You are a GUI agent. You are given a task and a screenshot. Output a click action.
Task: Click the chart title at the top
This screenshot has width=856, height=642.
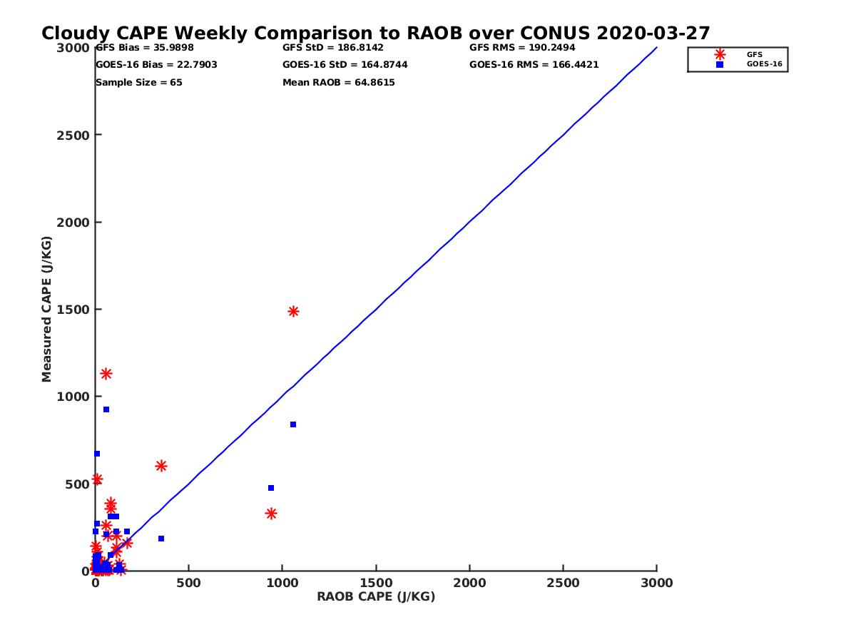[x=375, y=33]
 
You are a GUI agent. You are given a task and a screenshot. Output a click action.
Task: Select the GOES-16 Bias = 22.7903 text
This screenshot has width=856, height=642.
[x=156, y=65]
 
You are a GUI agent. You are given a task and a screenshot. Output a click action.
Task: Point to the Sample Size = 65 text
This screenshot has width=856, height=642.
[x=139, y=83]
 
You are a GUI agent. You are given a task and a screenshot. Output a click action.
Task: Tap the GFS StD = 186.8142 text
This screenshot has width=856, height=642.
[x=333, y=48]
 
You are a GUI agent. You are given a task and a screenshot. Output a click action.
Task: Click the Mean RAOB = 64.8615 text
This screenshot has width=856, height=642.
[x=339, y=83]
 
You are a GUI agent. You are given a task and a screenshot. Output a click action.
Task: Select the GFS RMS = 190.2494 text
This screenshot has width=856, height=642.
[x=522, y=48]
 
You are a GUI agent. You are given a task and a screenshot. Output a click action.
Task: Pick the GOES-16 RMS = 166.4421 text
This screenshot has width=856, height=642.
[x=534, y=65]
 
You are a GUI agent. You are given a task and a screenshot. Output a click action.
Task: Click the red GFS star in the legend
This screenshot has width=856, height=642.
[x=720, y=54]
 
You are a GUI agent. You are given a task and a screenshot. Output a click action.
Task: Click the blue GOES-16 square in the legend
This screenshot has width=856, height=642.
[x=720, y=64]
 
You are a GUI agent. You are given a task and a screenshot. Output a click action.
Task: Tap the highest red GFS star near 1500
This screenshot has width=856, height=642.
[x=293, y=311]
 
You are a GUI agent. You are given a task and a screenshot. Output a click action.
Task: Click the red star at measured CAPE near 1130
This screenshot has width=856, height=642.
[x=106, y=374]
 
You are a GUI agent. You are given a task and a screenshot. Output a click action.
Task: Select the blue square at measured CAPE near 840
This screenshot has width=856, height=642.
[x=293, y=424]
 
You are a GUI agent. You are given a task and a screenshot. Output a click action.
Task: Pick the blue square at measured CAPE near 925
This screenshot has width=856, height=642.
[x=106, y=409]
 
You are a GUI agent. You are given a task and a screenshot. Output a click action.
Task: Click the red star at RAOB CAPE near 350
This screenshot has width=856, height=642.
[x=161, y=466]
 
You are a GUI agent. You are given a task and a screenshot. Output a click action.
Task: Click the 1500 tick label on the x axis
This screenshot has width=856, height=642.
[x=376, y=583]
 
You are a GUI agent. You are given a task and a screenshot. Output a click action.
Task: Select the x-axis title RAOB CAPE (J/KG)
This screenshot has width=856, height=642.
[x=376, y=597]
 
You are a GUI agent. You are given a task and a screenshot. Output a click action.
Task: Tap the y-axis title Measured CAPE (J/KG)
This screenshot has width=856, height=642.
[x=47, y=309]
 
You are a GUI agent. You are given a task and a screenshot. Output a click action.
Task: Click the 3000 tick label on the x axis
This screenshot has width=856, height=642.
[x=657, y=583]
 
